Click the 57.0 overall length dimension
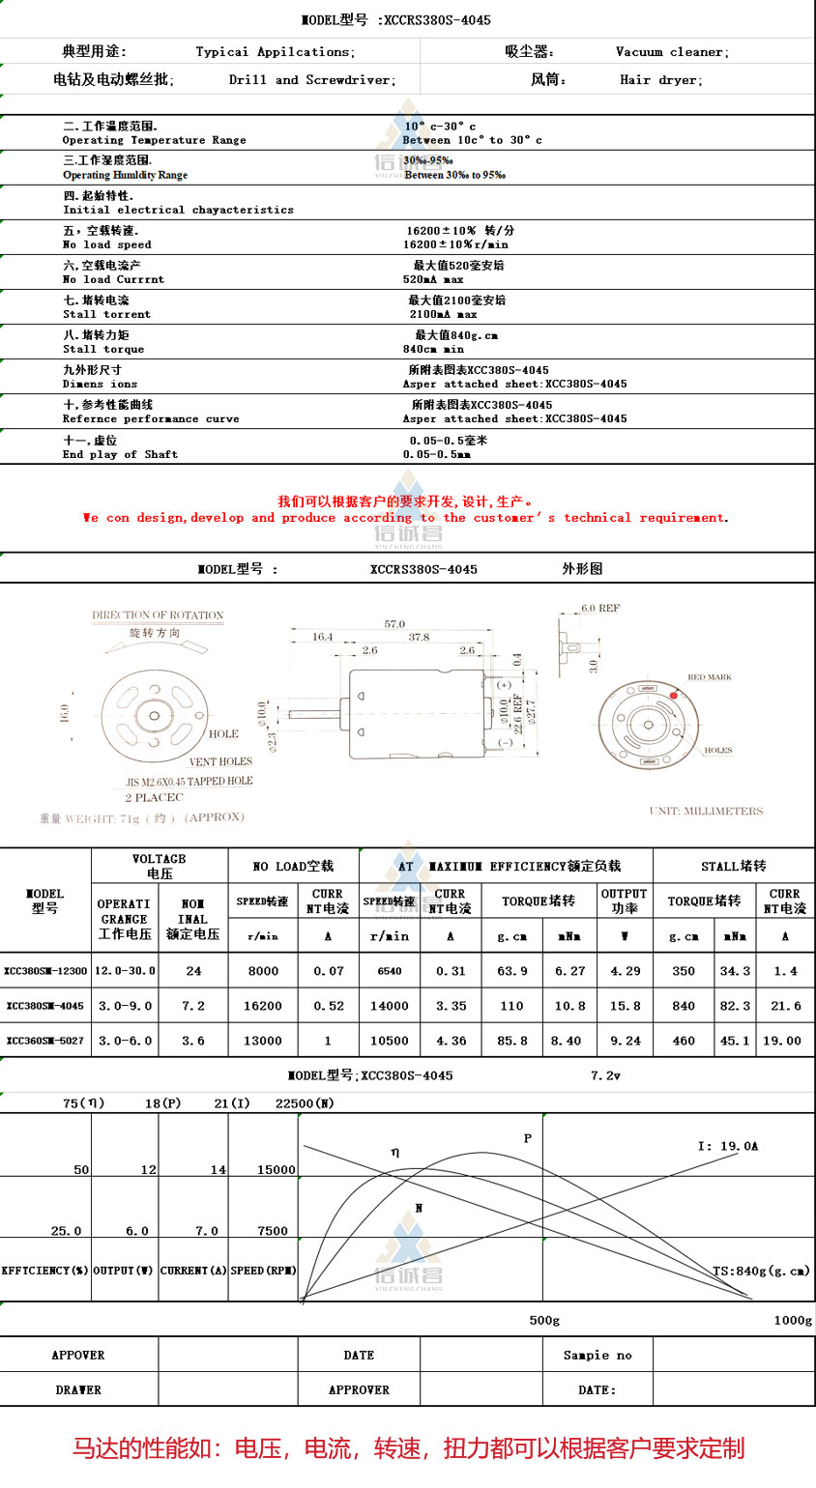[394, 624]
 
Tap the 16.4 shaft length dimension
[322, 637]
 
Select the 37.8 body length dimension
[419, 637]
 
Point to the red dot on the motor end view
[673, 696]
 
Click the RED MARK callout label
[709, 677]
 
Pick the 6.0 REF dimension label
[600, 609]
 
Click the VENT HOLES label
[220, 761]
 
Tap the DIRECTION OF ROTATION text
[158, 615]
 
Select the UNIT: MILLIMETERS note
[706, 811]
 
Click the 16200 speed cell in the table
[263, 1006]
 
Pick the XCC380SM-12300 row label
[45, 971]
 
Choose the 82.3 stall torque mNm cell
[735, 1006]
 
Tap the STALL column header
[733, 866]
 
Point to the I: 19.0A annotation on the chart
[728, 1146]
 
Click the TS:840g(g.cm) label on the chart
[761, 1271]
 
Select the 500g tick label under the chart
[544, 1320]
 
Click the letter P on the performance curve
[528, 1138]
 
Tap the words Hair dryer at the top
[661, 80]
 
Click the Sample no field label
[597, 1355]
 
